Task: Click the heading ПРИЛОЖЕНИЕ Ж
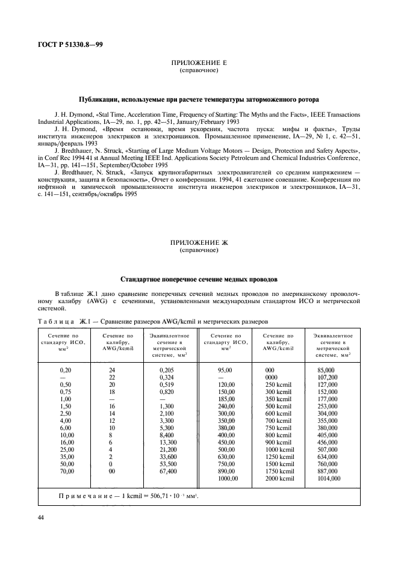[x=199, y=243]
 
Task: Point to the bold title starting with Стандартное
[x=199, y=279]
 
